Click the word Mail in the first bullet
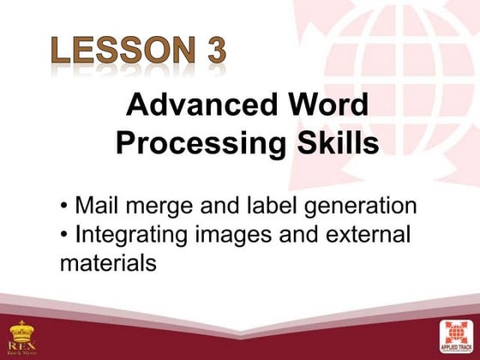tap(94, 207)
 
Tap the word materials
tap(108, 263)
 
